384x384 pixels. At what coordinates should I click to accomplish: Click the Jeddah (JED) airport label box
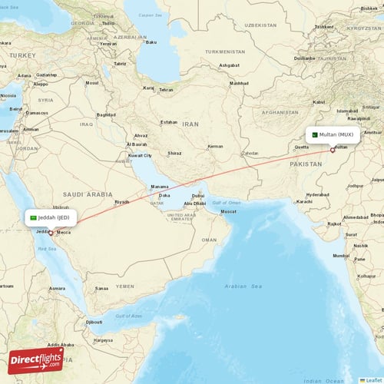51,217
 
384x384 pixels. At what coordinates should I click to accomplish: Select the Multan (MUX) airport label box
332,134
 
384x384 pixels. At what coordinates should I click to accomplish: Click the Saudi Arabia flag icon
34,218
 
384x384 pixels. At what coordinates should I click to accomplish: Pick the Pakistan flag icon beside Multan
314,134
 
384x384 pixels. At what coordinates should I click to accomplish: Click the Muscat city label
228,211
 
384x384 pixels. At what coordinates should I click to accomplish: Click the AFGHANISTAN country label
280,111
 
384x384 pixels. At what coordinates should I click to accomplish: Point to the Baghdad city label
106,114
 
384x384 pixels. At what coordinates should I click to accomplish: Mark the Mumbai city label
341,254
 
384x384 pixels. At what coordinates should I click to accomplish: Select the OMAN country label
208,240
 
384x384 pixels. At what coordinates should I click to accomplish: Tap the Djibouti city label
94,321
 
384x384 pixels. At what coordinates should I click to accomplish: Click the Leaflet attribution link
373,379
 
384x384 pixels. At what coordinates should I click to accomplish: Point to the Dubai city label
198,196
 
